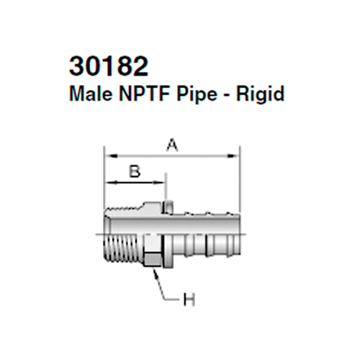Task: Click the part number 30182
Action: (109, 67)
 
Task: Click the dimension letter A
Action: (171, 145)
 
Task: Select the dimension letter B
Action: (133, 171)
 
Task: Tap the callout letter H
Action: (189, 298)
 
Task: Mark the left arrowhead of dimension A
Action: (108, 153)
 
